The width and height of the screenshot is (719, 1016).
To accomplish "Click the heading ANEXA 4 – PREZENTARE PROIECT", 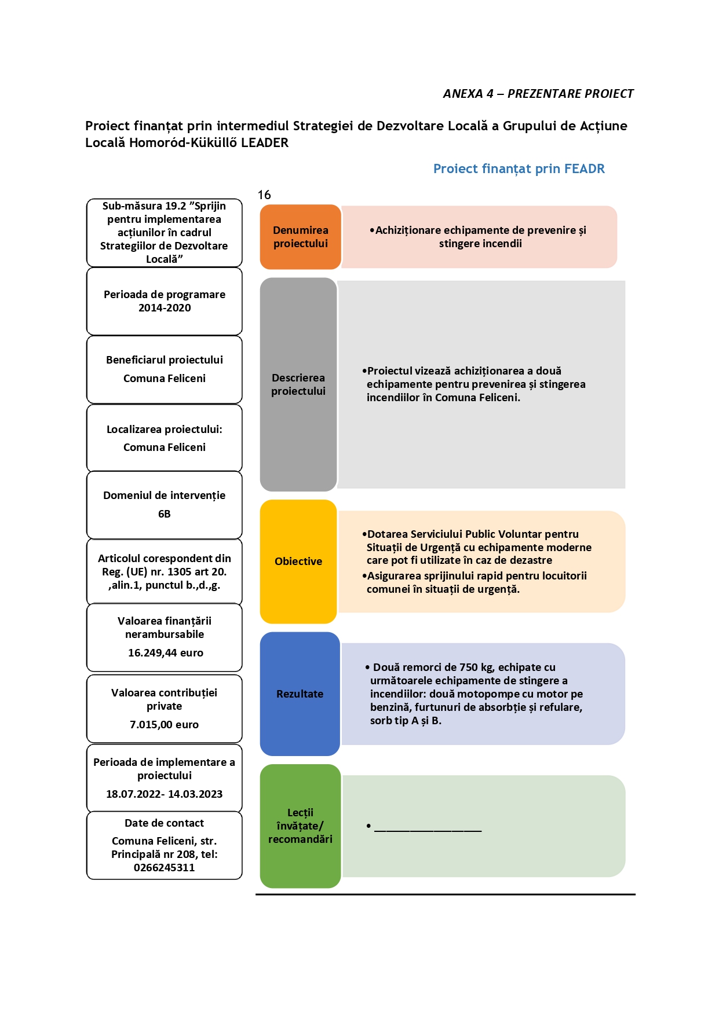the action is tap(538, 94).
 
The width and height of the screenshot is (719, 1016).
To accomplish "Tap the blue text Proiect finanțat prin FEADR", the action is tap(519, 169).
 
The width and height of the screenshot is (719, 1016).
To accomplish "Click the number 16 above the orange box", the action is tap(264, 195).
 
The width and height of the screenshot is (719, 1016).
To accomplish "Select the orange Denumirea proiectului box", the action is tap(300, 237).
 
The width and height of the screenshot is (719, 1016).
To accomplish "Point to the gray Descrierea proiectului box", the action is tap(298, 384).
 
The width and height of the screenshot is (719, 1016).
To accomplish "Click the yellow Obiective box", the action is tap(298, 562).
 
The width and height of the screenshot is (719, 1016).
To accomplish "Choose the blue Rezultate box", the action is tap(300, 694).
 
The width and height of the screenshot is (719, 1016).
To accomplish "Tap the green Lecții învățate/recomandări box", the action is tap(300, 826).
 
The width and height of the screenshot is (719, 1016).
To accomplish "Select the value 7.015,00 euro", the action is tap(164, 725).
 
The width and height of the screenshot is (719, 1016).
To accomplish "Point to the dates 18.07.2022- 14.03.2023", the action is tap(164, 794).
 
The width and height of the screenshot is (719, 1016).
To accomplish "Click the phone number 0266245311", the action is tap(164, 868).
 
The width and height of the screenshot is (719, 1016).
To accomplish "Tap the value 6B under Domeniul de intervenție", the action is tap(165, 514).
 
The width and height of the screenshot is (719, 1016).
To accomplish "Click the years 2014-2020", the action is tap(165, 308).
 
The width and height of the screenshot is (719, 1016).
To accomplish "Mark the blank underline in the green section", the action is tap(428, 831).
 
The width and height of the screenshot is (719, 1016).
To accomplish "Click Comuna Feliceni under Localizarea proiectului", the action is tap(165, 448).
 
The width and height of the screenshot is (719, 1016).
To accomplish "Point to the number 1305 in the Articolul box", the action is tap(180, 572).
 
